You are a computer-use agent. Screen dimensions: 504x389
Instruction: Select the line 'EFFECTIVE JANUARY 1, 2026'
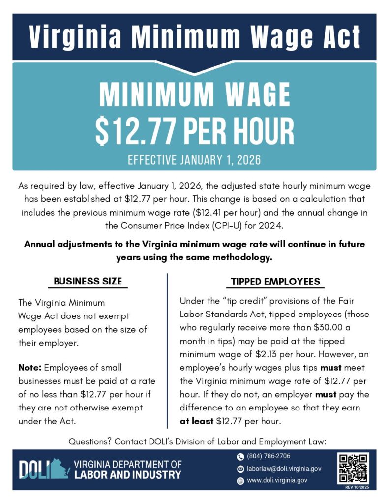point(194,160)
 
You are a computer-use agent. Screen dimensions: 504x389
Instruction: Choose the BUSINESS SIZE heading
point(88,282)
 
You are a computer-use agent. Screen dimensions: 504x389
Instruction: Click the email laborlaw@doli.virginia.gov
point(284,469)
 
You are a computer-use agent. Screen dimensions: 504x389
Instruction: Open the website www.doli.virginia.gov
point(277,480)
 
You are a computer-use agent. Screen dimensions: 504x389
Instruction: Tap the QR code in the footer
point(353,468)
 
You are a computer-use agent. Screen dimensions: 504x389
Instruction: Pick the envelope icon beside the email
point(240,469)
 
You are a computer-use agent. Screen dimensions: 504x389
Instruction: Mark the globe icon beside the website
point(240,481)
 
